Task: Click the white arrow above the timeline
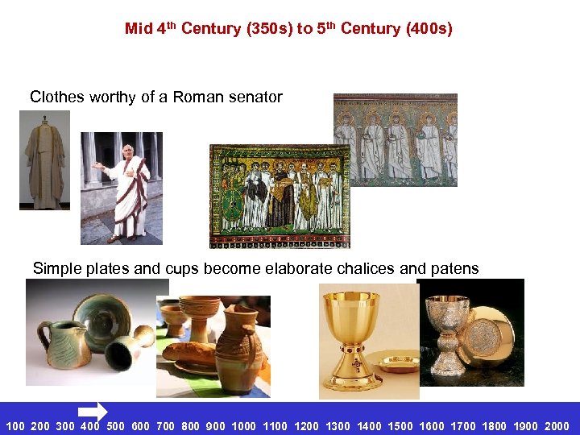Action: tap(93, 411)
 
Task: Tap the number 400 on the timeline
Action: tap(90, 426)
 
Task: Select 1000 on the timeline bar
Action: tap(243, 426)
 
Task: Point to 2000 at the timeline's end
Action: tap(557, 426)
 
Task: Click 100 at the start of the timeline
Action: tap(15, 426)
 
